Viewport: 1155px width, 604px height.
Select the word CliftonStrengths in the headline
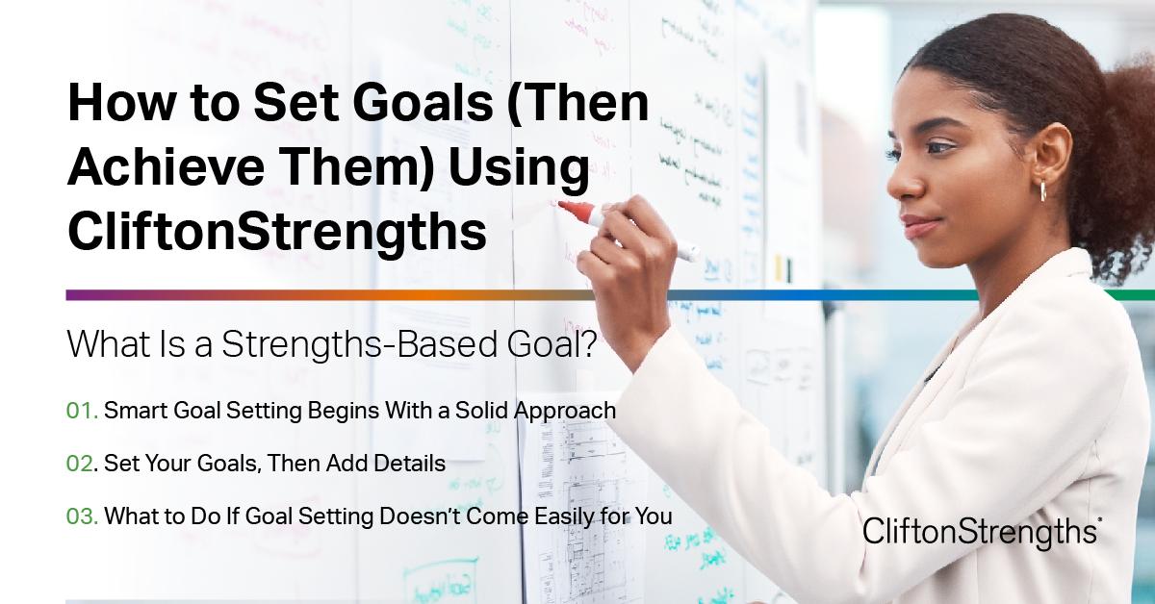click(276, 232)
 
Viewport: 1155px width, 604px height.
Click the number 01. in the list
click(82, 411)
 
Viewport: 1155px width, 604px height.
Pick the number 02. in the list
click(82, 464)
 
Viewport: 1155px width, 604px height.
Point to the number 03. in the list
click(82, 516)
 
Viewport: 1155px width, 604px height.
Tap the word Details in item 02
click(413, 464)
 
